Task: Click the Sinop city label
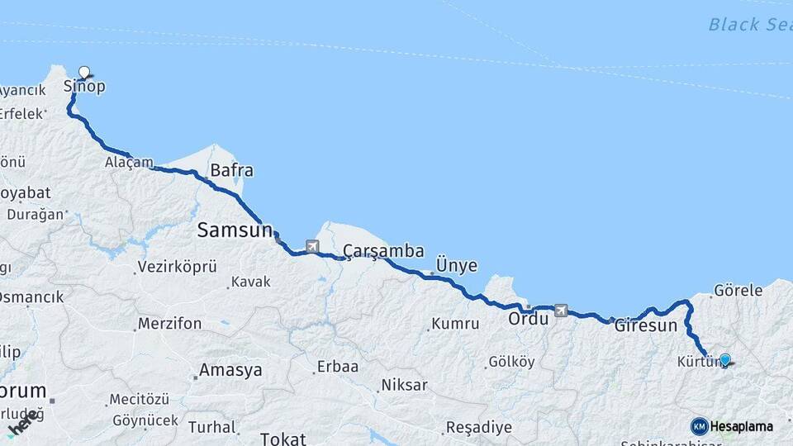pyautogui.click(x=84, y=87)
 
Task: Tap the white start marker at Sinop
pyautogui.click(x=83, y=72)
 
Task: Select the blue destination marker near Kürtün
pyautogui.click(x=724, y=359)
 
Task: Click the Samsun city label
pyautogui.click(x=235, y=230)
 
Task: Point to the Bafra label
pyautogui.click(x=231, y=171)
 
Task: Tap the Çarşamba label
pyautogui.click(x=383, y=250)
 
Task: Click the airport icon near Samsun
pyautogui.click(x=311, y=245)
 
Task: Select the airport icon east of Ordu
pyautogui.click(x=562, y=311)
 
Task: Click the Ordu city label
pyautogui.click(x=528, y=318)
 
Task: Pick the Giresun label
pyautogui.click(x=646, y=325)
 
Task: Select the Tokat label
pyautogui.click(x=283, y=439)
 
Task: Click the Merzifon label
pyautogui.click(x=169, y=324)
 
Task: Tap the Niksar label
pyautogui.click(x=404, y=385)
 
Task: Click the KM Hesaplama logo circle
pyautogui.click(x=700, y=426)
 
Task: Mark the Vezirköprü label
pyautogui.click(x=178, y=267)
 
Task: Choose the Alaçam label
pyautogui.click(x=129, y=163)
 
